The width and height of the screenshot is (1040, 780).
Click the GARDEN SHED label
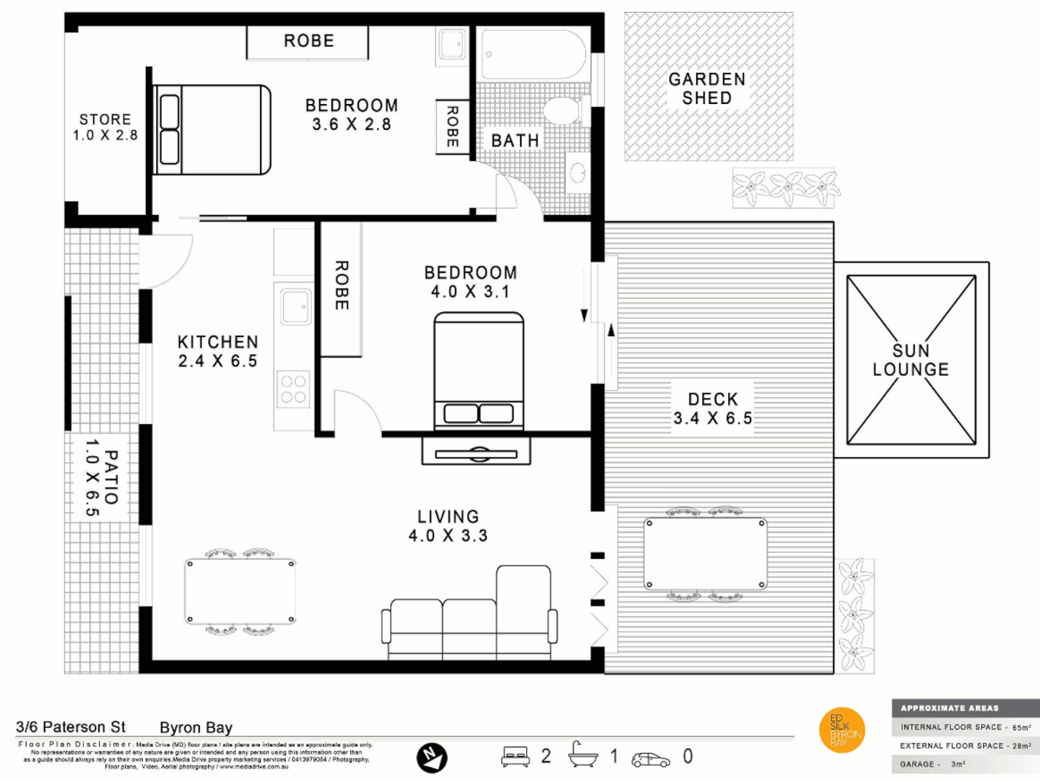(706, 89)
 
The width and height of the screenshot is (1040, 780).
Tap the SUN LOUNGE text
(910, 360)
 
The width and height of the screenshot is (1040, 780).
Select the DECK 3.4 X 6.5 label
(712, 409)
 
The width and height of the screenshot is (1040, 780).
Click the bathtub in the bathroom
(533, 55)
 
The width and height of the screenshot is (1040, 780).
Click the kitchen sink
(295, 307)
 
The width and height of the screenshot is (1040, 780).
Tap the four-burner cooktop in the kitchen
(293, 389)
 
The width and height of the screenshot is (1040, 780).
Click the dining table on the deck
(705, 554)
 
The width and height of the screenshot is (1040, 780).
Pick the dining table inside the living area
(240, 591)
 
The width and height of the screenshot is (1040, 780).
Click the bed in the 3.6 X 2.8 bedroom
(212, 130)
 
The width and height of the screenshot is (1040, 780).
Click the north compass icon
(432, 758)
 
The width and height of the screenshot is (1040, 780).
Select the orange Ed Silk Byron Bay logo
(842, 729)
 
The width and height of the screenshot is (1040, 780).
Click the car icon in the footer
(650, 759)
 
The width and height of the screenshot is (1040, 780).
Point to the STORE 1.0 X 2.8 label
(105, 127)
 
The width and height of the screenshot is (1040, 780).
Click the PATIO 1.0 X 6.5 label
(101, 477)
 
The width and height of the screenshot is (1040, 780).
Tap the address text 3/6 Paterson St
(71, 727)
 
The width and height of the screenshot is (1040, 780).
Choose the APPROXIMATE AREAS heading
(949, 708)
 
